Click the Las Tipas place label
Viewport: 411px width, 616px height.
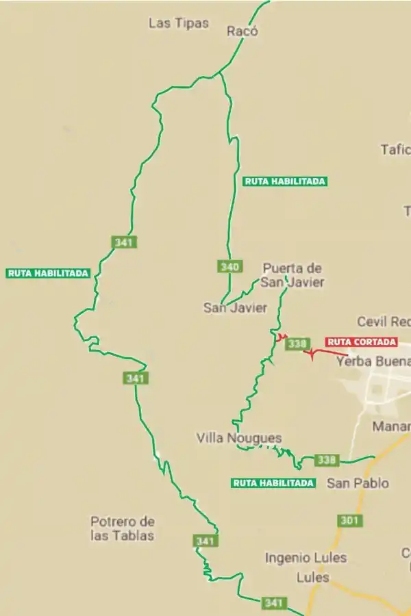point(178,23)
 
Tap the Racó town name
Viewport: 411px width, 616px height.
point(242,31)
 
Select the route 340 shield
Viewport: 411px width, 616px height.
point(229,266)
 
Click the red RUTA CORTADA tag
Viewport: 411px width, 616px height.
point(361,342)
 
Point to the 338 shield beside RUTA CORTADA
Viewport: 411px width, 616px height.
point(296,344)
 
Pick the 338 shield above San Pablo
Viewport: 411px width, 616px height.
point(327,460)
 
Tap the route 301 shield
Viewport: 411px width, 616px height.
point(349,520)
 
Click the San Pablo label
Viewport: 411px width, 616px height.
point(358,483)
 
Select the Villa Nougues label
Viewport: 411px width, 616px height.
point(238,438)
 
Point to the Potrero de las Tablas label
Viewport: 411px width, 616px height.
point(123,528)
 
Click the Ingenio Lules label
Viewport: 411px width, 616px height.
point(306,558)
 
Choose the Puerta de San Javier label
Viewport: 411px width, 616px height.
point(293,275)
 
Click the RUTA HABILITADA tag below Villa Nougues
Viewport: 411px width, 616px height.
point(273,483)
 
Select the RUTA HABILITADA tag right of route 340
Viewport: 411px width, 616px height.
point(285,181)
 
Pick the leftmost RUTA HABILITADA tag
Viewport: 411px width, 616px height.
point(48,273)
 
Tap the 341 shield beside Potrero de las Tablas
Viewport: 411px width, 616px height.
point(206,541)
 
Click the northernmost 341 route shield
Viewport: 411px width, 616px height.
point(123,242)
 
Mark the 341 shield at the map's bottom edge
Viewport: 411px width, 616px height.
point(273,603)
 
